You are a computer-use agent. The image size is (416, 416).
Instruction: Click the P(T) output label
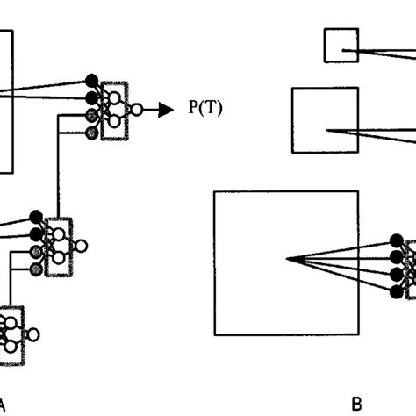(x=203, y=109)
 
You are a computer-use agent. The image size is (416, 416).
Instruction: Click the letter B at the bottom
(x=356, y=404)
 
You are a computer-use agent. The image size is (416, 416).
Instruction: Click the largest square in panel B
(x=286, y=262)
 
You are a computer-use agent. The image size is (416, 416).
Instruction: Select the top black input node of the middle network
(x=36, y=217)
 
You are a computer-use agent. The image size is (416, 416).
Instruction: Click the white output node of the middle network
(x=81, y=245)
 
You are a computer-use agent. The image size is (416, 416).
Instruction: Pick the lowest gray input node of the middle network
(x=36, y=268)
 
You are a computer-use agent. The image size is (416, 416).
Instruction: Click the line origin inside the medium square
(x=328, y=132)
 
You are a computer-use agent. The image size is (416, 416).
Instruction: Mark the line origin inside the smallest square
(x=344, y=51)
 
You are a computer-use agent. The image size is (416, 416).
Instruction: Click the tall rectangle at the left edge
(x=6, y=101)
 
